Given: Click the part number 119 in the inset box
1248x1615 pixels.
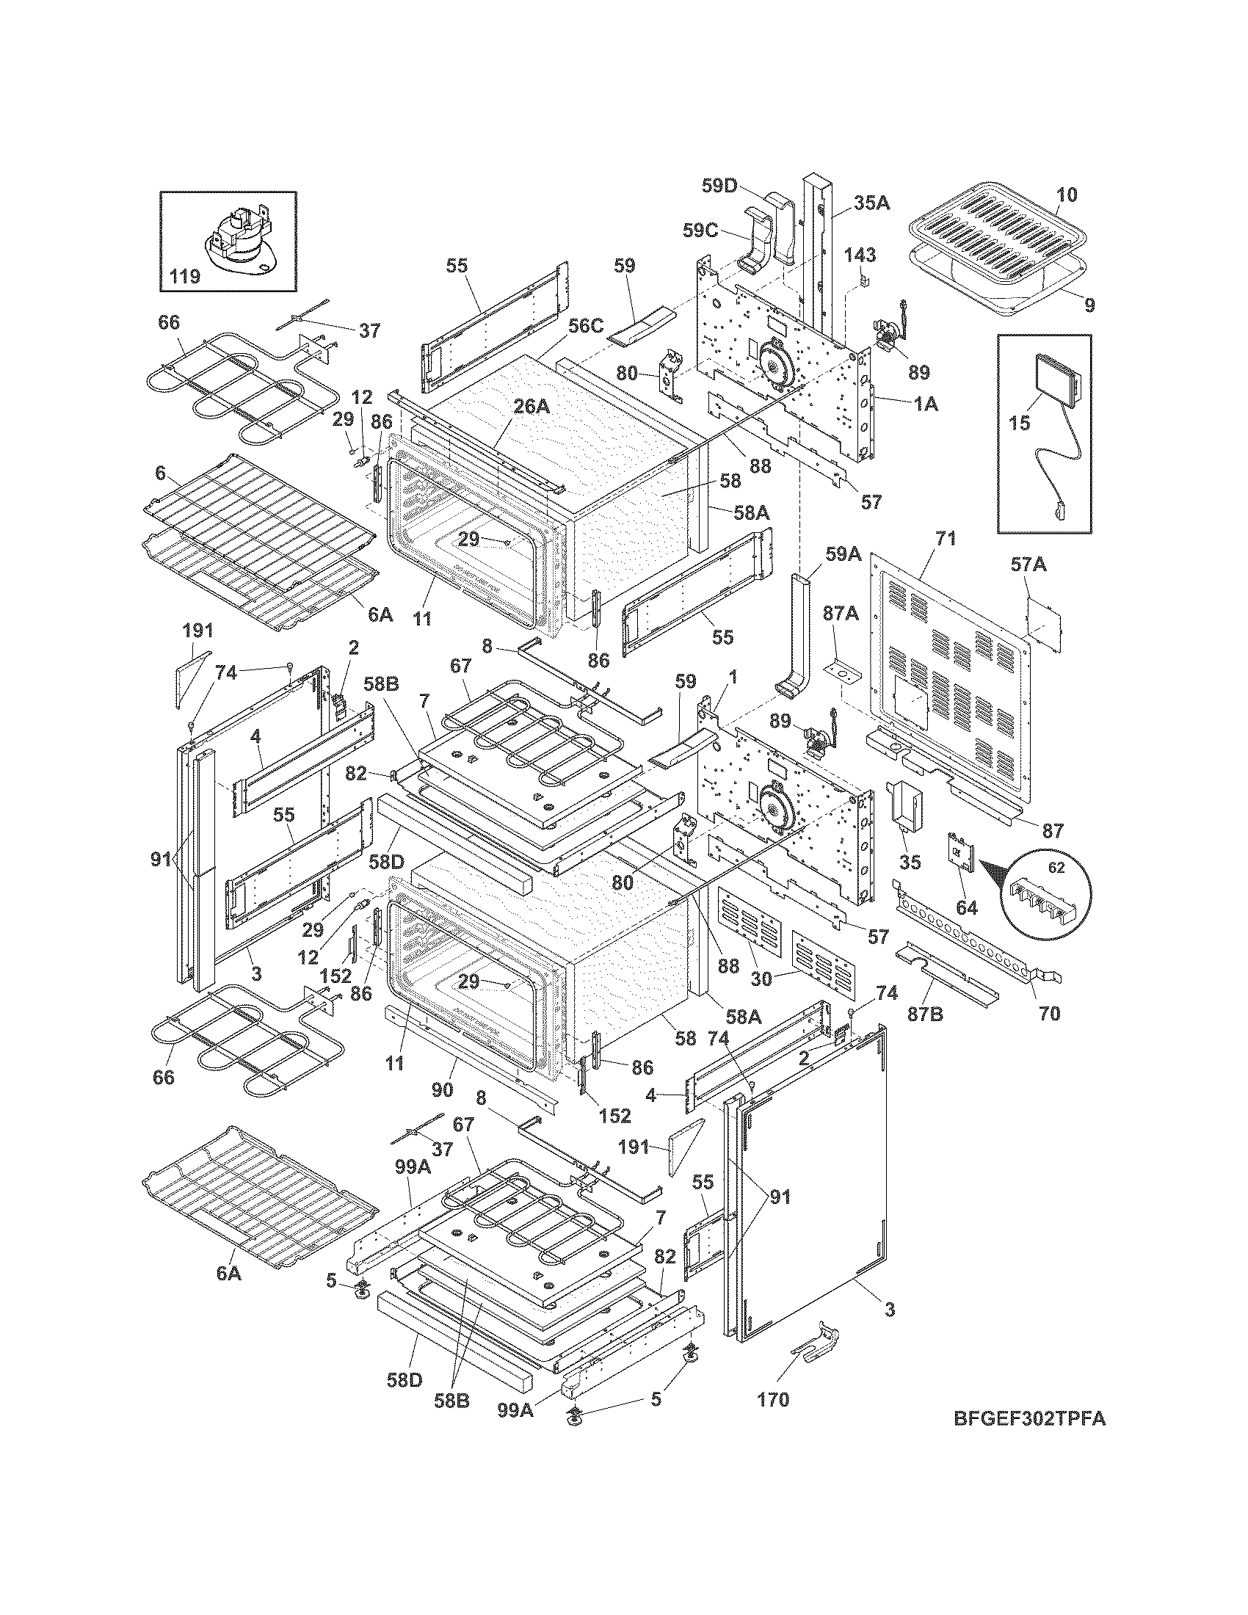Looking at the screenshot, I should click(x=184, y=277).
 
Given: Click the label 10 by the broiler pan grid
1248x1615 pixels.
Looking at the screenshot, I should click(x=1066, y=195).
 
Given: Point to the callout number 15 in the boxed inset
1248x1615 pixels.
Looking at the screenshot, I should click(x=1020, y=423).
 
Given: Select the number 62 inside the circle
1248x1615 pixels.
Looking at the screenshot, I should click(x=1056, y=868).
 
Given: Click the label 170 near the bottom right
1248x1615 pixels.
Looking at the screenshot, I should click(x=773, y=1399).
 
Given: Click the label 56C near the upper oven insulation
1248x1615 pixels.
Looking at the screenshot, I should click(x=585, y=326).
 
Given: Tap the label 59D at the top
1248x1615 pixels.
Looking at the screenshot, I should click(x=719, y=186).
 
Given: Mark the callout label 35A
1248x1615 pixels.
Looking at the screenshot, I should click(x=871, y=203).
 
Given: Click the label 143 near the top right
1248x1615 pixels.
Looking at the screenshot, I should click(x=860, y=255).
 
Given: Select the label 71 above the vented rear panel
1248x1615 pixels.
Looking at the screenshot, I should click(x=946, y=539).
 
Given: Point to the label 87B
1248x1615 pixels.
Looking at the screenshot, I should click(x=926, y=1015).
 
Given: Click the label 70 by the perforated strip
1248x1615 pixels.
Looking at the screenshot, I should click(x=1050, y=1013).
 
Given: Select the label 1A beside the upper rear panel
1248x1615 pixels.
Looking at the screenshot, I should click(x=926, y=404).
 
